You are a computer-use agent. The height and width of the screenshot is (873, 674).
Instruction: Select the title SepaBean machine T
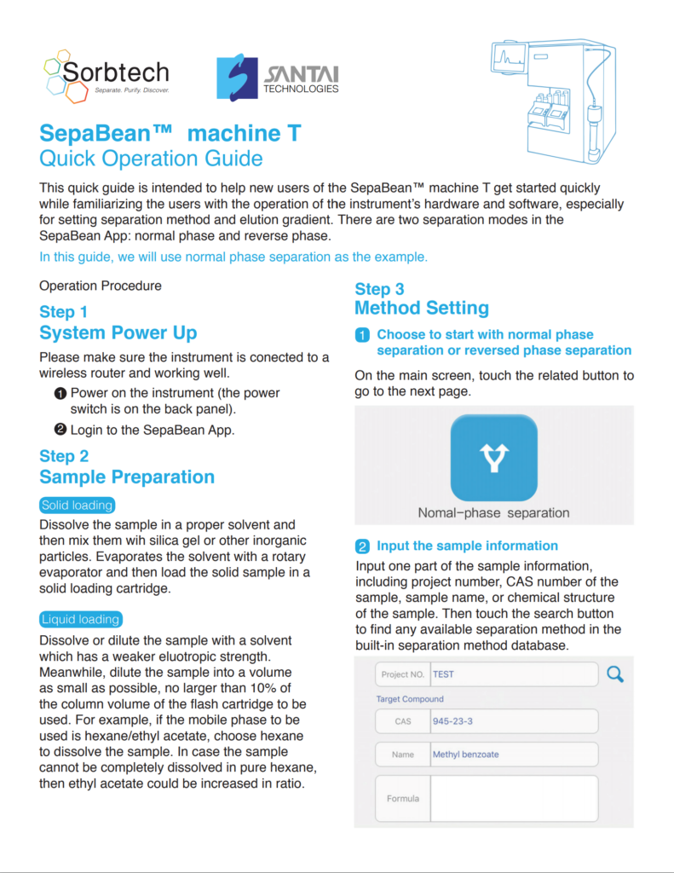click(x=170, y=134)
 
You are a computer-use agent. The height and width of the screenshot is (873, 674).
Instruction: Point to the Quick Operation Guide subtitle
click(x=151, y=159)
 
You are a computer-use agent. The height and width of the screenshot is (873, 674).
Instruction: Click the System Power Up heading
click(x=118, y=332)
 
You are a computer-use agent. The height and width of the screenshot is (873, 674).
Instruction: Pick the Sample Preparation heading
click(x=127, y=477)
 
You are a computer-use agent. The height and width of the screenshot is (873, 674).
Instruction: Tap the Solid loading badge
click(x=77, y=506)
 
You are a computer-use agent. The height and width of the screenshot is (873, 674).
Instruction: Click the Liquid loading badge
click(x=81, y=620)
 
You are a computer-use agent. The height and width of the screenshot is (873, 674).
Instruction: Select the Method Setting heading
click(x=422, y=308)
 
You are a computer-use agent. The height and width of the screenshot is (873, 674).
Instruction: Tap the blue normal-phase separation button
click(x=493, y=458)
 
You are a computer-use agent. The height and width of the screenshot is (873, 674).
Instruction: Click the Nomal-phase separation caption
click(x=493, y=513)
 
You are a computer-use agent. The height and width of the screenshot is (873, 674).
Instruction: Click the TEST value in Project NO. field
click(x=443, y=674)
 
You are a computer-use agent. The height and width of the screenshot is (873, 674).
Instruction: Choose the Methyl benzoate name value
click(x=465, y=754)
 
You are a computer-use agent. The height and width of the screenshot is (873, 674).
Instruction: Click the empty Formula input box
click(x=514, y=799)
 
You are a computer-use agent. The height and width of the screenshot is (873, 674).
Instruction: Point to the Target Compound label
click(x=410, y=699)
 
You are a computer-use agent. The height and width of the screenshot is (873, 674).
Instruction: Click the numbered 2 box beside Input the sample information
click(x=362, y=546)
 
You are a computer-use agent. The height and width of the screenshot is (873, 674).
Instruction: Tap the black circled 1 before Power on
click(x=60, y=393)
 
